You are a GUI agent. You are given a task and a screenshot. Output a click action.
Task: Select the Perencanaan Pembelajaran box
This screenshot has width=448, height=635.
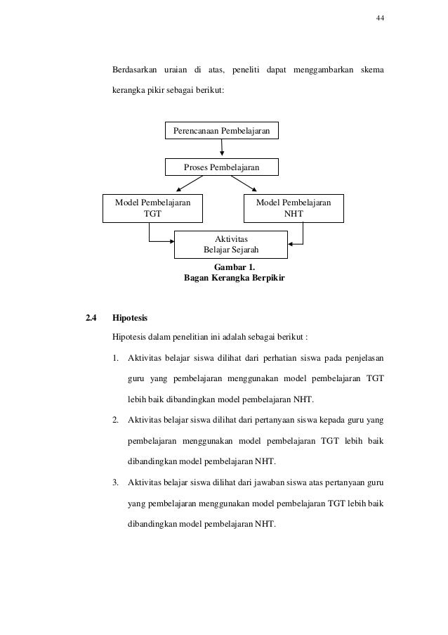[221, 131]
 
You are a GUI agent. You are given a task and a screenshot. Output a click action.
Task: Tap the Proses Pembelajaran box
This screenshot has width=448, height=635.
[221, 167]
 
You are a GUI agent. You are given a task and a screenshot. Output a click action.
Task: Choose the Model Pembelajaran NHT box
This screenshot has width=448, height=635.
[294, 208]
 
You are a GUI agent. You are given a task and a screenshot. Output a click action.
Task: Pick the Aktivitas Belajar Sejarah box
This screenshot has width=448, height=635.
[230, 243]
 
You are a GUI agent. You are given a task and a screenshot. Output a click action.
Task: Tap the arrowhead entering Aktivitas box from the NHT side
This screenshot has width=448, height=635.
[291, 244]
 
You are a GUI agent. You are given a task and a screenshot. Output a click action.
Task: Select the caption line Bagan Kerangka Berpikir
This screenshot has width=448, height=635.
[230, 278]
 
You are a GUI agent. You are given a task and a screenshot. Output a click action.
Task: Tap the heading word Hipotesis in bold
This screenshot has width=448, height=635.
[130, 318]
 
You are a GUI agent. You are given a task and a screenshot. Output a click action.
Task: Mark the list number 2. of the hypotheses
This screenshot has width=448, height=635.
[116, 421]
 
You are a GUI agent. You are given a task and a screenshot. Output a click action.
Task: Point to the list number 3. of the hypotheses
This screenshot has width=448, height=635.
[116, 482]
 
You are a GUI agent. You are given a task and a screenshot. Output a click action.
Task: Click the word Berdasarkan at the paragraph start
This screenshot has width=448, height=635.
[134, 71]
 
